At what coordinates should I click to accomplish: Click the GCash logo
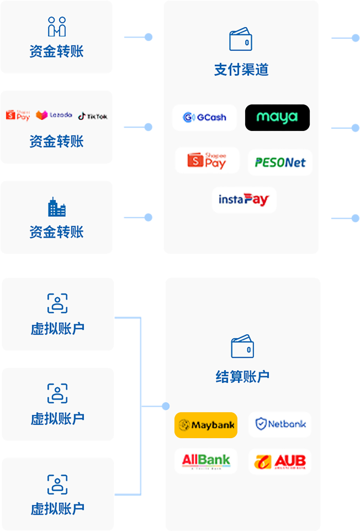(x=204, y=117)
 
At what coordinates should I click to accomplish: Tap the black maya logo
(x=277, y=117)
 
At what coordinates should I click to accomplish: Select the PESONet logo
(x=280, y=162)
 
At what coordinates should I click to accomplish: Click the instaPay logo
(x=243, y=199)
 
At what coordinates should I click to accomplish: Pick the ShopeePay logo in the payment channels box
(x=207, y=160)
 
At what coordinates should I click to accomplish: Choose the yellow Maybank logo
(x=206, y=425)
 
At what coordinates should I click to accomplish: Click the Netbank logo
(x=280, y=424)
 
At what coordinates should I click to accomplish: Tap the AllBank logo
(x=206, y=461)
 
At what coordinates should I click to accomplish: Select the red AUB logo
(x=280, y=461)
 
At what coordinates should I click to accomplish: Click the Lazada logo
(x=54, y=115)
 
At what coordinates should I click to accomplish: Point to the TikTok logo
(x=92, y=116)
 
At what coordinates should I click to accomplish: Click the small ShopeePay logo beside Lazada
(x=18, y=115)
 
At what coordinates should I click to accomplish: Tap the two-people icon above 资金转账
(x=57, y=27)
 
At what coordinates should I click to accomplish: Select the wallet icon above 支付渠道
(x=241, y=39)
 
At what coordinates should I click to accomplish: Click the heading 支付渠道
(x=241, y=70)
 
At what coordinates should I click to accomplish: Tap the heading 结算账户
(x=242, y=377)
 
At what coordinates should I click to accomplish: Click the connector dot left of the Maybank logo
(x=165, y=406)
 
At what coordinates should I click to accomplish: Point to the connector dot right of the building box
(x=148, y=217)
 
